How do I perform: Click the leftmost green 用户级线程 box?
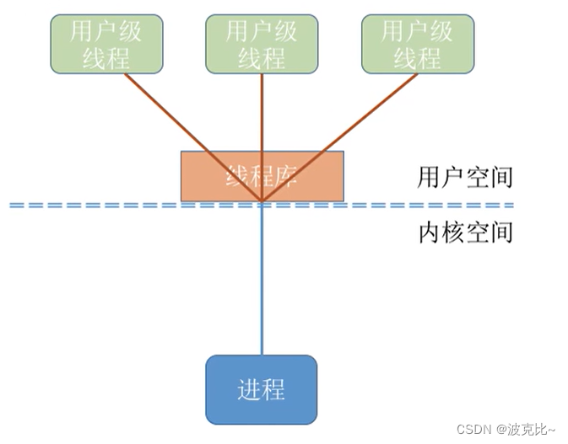106,44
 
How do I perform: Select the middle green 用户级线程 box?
262,44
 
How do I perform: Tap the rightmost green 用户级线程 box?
418,44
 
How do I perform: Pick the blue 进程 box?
262,389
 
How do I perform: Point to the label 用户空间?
465,178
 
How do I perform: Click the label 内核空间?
465,231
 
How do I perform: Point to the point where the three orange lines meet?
262,202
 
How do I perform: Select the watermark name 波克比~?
533,430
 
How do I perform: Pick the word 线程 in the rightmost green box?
418,58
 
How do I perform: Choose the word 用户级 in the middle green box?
262,31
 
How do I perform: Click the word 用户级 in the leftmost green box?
106,31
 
